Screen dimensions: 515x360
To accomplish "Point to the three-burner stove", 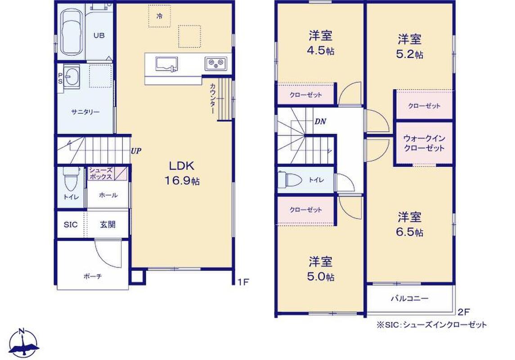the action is click(x=216, y=63).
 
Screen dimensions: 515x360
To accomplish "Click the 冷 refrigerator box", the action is click(x=159, y=16).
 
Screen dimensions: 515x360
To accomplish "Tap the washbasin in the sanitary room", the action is click(x=71, y=76).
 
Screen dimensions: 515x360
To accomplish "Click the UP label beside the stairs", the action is click(x=136, y=151).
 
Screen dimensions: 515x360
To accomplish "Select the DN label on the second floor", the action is click(x=320, y=121).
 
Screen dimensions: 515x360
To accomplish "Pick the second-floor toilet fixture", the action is click(x=290, y=180).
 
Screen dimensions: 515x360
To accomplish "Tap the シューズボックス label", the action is click(x=101, y=173).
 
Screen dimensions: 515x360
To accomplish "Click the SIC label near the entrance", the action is click(x=71, y=225).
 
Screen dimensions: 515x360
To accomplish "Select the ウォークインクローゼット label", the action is click(x=424, y=143).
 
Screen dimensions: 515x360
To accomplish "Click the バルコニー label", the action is click(x=409, y=299).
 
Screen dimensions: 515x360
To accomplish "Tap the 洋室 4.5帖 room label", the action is click(x=321, y=43).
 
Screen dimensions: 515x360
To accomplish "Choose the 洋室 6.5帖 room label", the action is click(x=410, y=225).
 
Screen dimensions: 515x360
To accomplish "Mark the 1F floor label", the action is click(x=243, y=282).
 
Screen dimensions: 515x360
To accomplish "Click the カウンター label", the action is click(x=212, y=99).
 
